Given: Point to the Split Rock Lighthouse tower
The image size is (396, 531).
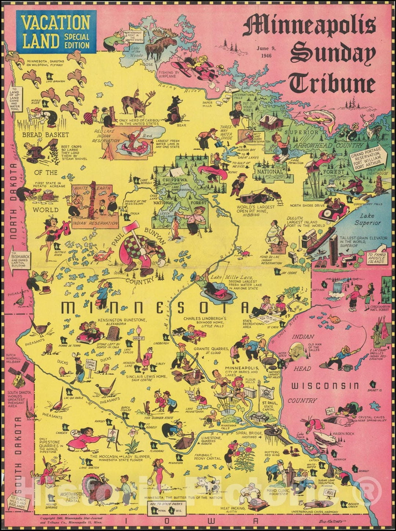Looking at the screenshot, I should (x=378, y=186).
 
